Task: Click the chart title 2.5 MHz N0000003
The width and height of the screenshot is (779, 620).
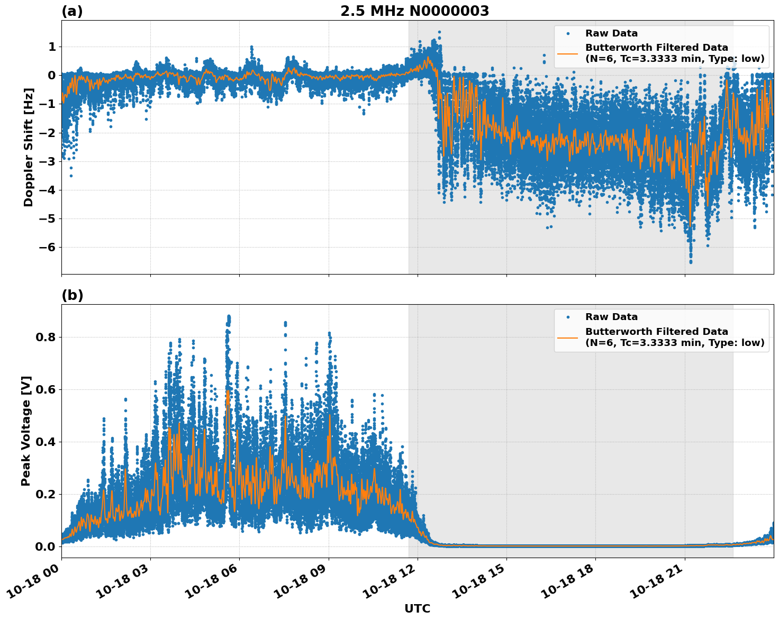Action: coord(414,11)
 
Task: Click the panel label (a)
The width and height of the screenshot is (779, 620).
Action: coord(72,11)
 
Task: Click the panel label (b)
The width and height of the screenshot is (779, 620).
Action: coord(72,295)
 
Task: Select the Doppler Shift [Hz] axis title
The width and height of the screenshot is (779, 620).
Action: coord(29,147)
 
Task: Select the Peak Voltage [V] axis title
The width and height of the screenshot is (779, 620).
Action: coord(26,431)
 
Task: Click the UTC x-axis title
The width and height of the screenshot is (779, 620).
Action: coord(417,608)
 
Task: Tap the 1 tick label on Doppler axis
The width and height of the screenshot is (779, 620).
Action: coord(52,47)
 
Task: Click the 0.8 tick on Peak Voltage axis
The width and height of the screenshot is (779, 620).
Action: coord(44,337)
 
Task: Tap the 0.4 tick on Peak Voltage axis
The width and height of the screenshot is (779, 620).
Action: coord(44,442)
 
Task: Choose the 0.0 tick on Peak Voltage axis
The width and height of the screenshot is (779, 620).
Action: coord(44,546)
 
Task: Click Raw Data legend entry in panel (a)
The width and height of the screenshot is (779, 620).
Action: coord(611,33)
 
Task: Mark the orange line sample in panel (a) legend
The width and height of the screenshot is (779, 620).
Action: coord(568,53)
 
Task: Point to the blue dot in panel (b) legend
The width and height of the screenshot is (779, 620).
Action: coord(568,317)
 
